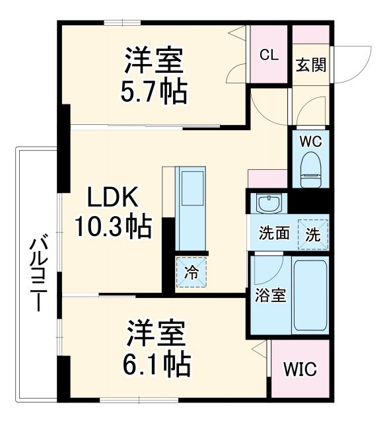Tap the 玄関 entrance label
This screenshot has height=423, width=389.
[x=310, y=65]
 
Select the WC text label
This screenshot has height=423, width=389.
[x=310, y=140]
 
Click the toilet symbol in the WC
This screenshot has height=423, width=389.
[x=310, y=169]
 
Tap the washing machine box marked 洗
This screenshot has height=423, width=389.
[x=312, y=232]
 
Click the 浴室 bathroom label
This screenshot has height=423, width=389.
[x=270, y=295]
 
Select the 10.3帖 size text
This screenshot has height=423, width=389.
[x=112, y=228]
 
